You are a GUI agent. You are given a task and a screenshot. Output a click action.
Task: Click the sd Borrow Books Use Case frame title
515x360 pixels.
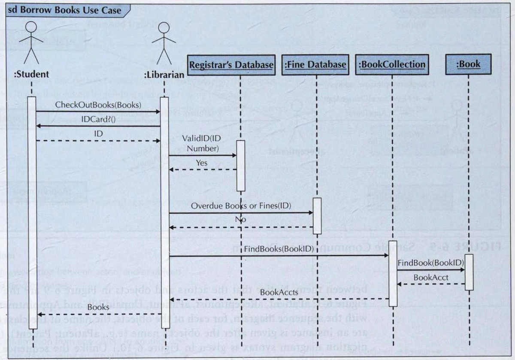coord(64,9)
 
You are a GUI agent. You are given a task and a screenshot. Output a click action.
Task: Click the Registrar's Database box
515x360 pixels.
coord(231,64)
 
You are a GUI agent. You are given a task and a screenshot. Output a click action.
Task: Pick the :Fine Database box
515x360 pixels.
coord(315,64)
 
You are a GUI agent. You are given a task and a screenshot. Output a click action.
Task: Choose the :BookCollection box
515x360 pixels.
coord(392,64)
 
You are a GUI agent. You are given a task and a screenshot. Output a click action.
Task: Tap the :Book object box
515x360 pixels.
coord(468,64)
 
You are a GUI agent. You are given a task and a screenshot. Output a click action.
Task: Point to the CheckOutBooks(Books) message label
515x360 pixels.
coord(98,104)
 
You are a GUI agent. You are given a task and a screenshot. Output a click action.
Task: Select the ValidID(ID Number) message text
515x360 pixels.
coord(201,143)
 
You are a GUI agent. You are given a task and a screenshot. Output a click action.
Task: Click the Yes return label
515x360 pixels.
coord(201,163)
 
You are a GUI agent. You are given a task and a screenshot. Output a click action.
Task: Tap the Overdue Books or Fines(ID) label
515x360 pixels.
coord(241,206)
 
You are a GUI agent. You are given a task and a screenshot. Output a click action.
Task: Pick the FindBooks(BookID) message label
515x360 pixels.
coord(279,249)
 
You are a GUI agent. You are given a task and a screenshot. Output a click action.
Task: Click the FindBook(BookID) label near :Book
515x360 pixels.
coord(430,263)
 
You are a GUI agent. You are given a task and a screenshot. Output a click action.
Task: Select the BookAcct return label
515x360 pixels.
coord(431,277)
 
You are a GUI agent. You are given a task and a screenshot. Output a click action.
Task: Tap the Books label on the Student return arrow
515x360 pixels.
coord(98,307)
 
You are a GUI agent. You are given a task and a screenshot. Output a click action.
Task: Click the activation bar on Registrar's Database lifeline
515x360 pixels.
coord(241,165)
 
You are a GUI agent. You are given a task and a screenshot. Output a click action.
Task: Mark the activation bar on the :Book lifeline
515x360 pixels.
coord(469,272)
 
